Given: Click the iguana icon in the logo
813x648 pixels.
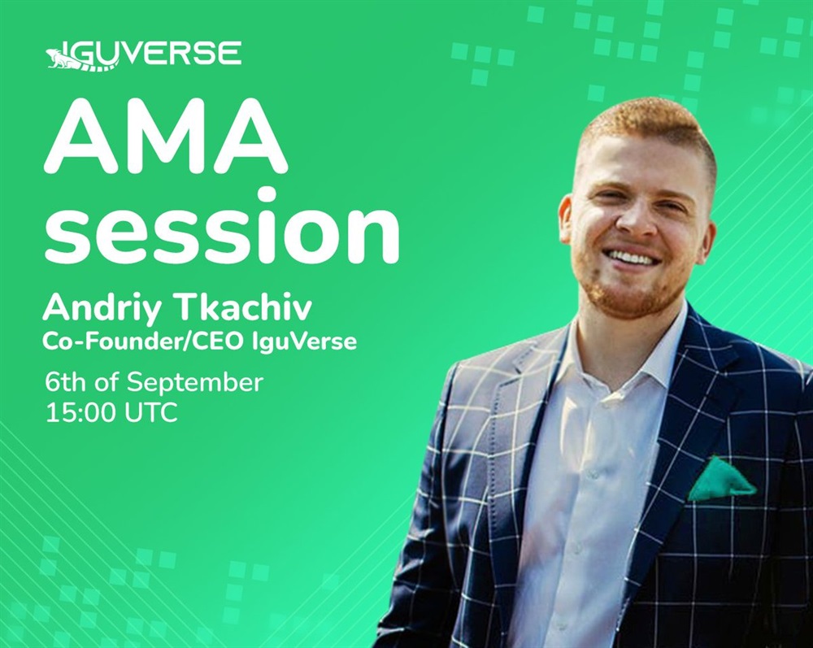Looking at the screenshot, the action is click(70, 58).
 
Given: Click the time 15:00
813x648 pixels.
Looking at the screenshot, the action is click(83, 413).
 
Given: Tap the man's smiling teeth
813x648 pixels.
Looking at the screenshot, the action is click(633, 257).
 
